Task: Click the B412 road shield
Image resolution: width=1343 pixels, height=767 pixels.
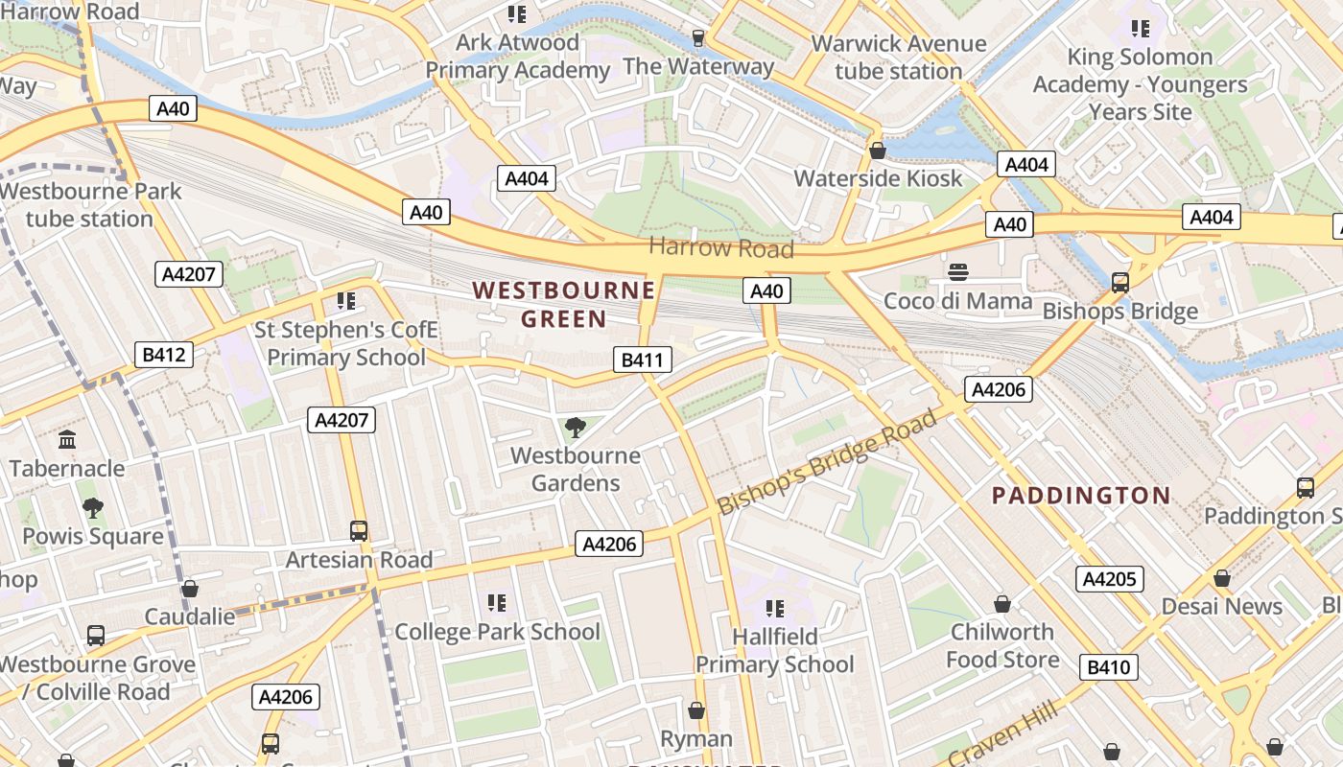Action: [x=163, y=355]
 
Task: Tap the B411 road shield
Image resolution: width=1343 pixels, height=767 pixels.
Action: [x=643, y=360]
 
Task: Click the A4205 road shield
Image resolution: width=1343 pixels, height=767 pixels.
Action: [x=1109, y=579]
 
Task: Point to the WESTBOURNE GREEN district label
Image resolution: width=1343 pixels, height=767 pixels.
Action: [x=564, y=304]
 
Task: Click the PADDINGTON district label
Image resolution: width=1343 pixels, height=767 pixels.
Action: [x=1081, y=496]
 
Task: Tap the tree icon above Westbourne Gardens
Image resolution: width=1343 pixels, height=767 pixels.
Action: [x=576, y=427]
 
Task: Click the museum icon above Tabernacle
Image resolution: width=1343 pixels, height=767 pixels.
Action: [x=67, y=440]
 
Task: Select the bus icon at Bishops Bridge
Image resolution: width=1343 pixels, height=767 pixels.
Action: [x=1119, y=283]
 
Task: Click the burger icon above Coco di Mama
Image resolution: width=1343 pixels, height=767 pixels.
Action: [x=957, y=272]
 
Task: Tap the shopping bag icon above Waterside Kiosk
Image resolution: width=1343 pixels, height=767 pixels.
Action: [x=877, y=151]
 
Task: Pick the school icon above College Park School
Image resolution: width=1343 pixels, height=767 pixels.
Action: [x=496, y=603]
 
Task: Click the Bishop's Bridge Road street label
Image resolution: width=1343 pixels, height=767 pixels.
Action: [x=826, y=463]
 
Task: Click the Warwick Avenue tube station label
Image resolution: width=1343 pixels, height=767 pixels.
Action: [x=898, y=58]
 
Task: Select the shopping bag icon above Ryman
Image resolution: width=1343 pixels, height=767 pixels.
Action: [x=696, y=710]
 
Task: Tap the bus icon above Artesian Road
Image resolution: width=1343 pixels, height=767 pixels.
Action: [x=359, y=530]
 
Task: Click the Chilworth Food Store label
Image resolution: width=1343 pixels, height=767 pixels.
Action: [x=1002, y=645]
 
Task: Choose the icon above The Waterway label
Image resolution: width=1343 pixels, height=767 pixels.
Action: [x=698, y=38]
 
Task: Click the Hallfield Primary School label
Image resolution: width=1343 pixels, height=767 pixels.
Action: [x=774, y=650]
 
